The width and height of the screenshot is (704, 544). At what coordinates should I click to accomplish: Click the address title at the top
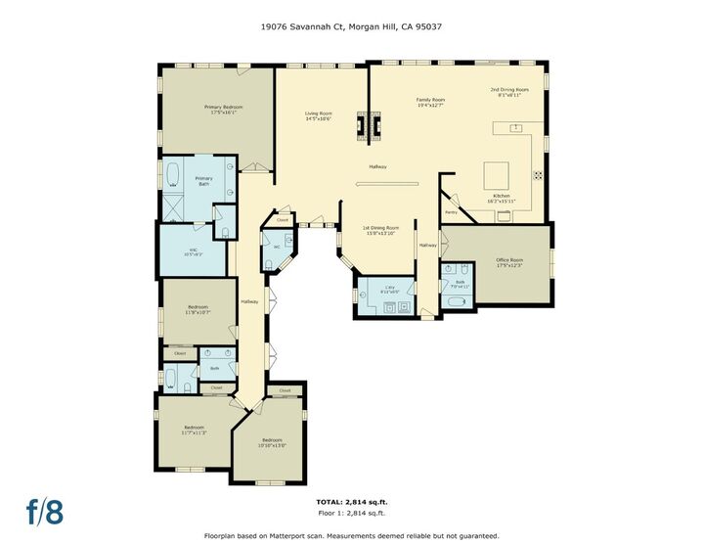[x=351, y=29]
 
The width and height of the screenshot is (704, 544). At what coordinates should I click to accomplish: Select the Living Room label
[x=319, y=115]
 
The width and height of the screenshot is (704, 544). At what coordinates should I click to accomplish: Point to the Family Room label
[x=430, y=102]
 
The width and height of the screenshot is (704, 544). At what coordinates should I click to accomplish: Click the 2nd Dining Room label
[x=509, y=92]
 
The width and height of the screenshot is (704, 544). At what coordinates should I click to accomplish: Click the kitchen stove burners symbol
[x=538, y=175]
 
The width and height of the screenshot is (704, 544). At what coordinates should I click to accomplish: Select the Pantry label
[x=451, y=211]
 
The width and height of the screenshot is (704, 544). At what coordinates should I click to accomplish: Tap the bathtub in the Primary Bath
[x=172, y=175]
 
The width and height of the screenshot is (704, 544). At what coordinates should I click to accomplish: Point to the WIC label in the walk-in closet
[x=194, y=251]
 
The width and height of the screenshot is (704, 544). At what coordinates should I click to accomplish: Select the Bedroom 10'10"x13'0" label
[x=272, y=442]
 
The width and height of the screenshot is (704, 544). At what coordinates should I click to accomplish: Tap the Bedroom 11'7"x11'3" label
[x=194, y=430]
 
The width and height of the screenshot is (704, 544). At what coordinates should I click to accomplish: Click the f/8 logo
[x=45, y=510]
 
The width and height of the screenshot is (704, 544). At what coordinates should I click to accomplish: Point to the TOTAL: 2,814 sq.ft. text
[x=351, y=503]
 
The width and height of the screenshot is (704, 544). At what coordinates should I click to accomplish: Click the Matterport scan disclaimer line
[x=351, y=535]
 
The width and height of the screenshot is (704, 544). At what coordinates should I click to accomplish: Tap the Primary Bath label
[x=203, y=181]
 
